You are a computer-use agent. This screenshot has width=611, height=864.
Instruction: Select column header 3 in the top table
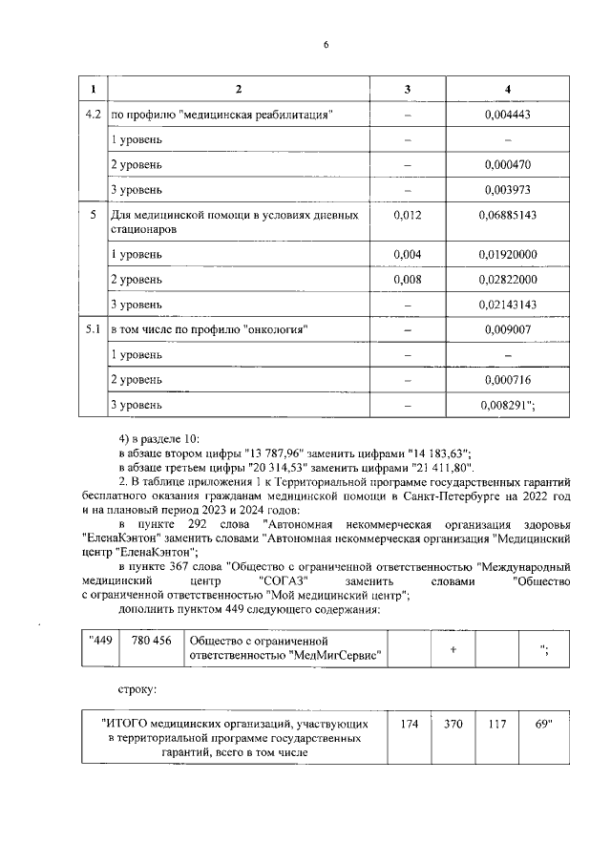click(x=408, y=90)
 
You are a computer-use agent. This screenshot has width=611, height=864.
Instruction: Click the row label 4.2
click(x=93, y=116)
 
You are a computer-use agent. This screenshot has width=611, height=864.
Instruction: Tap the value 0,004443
click(x=507, y=116)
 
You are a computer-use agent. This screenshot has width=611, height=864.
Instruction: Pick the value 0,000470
click(x=507, y=165)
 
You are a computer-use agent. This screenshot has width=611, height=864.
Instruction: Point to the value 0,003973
click(x=507, y=190)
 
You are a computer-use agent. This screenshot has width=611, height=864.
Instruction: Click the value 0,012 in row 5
click(x=408, y=216)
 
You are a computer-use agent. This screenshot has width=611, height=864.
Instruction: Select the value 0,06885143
click(x=507, y=216)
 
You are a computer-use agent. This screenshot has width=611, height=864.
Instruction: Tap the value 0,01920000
click(x=507, y=254)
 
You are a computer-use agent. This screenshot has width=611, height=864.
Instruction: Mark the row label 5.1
click(x=93, y=329)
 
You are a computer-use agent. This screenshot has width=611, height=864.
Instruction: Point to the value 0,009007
click(x=507, y=329)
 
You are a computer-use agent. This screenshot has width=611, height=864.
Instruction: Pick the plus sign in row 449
click(x=453, y=648)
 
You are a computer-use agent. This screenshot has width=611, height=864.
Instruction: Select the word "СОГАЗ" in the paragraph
click(x=284, y=580)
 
